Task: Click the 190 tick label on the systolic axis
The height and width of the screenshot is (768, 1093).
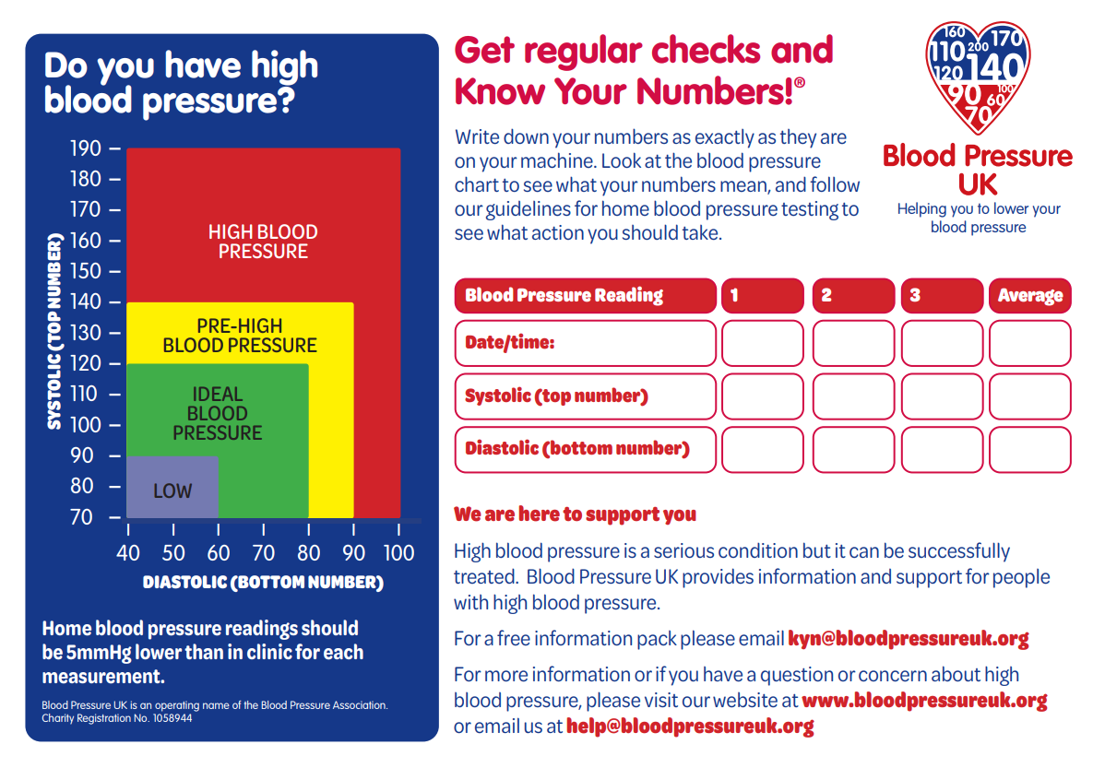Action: (x=85, y=148)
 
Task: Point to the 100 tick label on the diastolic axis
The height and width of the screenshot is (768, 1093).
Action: (x=398, y=553)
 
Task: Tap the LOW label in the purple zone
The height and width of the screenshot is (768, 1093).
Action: (x=172, y=491)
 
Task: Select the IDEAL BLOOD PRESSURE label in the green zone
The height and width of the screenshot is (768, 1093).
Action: (x=218, y=413)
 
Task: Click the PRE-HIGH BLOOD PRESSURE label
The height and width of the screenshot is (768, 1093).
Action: (x=240, y=336)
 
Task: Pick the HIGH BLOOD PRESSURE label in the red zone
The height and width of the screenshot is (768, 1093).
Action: (x=263, y=242)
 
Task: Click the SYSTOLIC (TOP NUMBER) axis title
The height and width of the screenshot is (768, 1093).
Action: (x=54, y=332)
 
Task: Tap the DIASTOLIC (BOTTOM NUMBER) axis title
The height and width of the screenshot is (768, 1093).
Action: (x=263, y=582)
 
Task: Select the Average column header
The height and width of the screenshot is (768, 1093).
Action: (x=1029, y=296)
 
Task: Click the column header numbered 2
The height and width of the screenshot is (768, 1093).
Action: (x=853, y=296)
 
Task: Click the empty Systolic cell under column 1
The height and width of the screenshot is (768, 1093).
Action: (x=763, y=396)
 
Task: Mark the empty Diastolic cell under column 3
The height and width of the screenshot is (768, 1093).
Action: (x=942, y=450)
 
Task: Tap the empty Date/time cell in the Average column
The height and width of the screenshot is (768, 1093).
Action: (x=1029, y=343)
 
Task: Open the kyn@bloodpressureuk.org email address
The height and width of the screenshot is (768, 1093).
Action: (x=909, y=639)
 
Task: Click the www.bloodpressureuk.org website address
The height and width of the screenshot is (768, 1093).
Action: (x=924, y=701)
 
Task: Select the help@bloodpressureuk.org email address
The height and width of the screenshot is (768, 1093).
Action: (x=690, y=727)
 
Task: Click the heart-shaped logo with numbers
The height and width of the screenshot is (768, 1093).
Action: (x=978, y=77)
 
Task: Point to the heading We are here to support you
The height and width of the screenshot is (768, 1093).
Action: (x=575, y=514)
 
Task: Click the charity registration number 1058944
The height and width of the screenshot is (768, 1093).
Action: (x=172, y=718)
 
